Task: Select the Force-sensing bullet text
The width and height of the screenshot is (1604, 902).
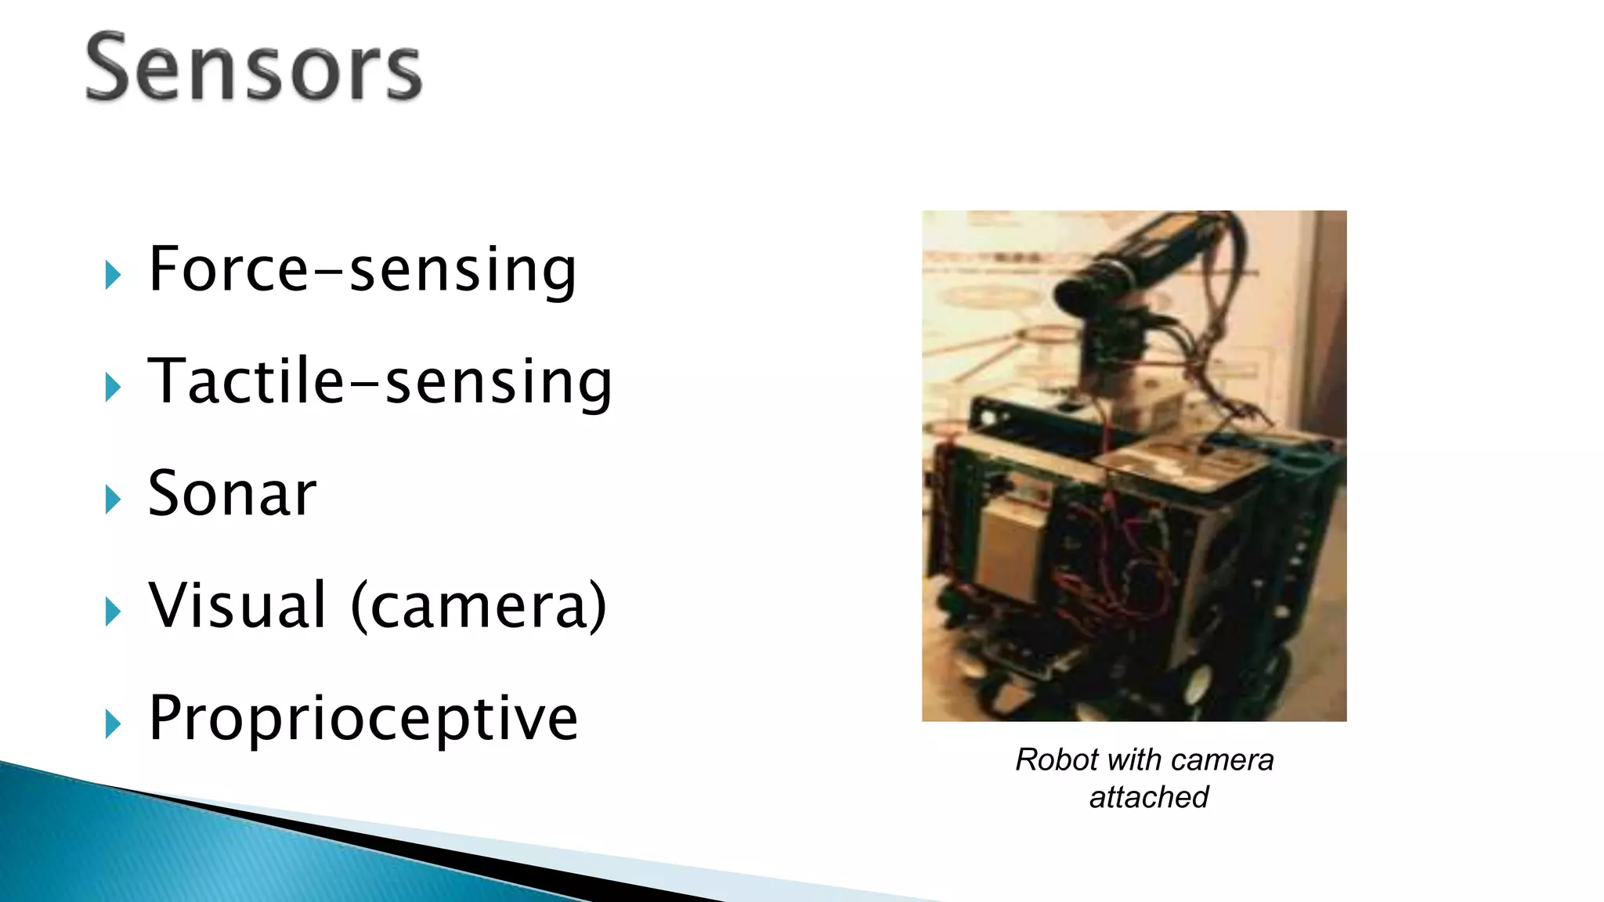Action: click(x=362, y=269)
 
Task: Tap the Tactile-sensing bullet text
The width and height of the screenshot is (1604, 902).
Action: click(x=380, y=381)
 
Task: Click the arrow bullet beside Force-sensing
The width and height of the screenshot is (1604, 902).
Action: click(x=113, y=276)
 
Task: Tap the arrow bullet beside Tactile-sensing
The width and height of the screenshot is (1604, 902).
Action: click(x=113, y=388)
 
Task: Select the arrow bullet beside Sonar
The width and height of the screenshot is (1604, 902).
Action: click(x=113, y=500)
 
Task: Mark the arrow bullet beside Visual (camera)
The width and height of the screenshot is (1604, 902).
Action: click(x=113, y=612)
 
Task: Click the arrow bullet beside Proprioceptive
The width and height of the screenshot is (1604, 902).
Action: click(x=113, y=724)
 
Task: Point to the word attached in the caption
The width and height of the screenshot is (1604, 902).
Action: click(x=1148, y=797)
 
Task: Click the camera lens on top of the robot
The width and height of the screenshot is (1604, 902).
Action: click(x=1077, y=291)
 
